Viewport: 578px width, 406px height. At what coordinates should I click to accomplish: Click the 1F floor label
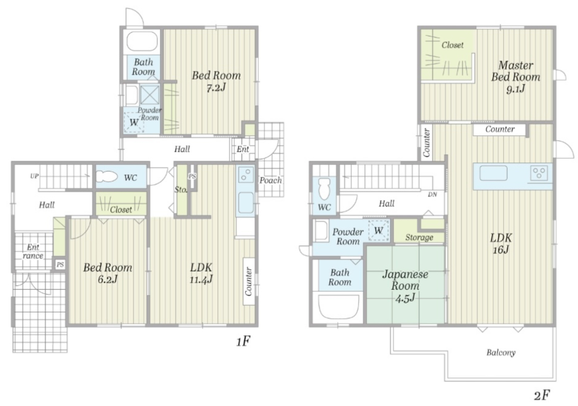(243, 342)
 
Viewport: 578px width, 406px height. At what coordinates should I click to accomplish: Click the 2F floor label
(542, 396)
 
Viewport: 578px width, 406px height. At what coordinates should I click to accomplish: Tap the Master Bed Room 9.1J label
(515, 77)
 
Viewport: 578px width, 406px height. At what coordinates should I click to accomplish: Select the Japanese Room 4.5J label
(405, 285)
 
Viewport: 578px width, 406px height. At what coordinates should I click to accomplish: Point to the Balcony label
(501, 353)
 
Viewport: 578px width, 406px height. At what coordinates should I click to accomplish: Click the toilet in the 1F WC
(107, 177)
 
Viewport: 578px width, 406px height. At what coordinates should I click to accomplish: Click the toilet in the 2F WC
(324, 189)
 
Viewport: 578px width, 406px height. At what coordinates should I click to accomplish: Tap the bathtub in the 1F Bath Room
(142, 41)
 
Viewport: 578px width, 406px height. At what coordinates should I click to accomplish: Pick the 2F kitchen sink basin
(493, 173)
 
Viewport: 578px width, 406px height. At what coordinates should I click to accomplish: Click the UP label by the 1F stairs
(34, 176)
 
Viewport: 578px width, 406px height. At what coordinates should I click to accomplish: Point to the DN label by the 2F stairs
(433, 194)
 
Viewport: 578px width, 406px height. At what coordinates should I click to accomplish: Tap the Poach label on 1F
(271, 180)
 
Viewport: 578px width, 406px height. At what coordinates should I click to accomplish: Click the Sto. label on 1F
(181, 190)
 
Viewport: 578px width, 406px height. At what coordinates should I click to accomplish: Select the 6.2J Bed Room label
(108, 273)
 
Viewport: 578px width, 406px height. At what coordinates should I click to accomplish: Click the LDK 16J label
(500, 244)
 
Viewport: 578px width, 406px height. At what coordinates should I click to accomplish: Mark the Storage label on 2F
(419, 237)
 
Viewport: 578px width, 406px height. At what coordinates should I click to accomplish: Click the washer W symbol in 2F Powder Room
(379, 231)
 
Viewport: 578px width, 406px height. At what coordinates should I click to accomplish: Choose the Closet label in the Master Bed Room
(453, 45)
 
